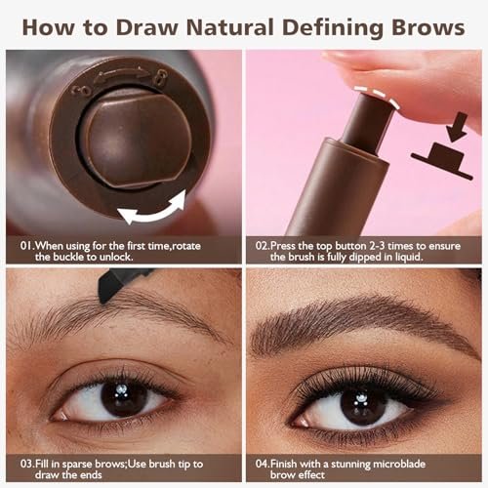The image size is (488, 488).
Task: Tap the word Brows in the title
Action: point(427,27)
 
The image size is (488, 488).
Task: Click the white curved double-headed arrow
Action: point(152,209)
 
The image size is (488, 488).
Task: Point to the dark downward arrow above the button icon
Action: point(457,127)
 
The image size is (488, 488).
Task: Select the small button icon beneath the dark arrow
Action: point(442,161)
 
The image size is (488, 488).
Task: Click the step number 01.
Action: point(27,246)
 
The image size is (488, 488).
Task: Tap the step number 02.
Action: point(263,246)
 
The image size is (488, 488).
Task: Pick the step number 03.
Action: point(27,464)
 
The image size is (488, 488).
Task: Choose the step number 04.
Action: point(263,464)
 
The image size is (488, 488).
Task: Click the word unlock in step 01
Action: point(116,257)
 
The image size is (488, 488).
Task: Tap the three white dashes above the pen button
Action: point(377,96)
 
